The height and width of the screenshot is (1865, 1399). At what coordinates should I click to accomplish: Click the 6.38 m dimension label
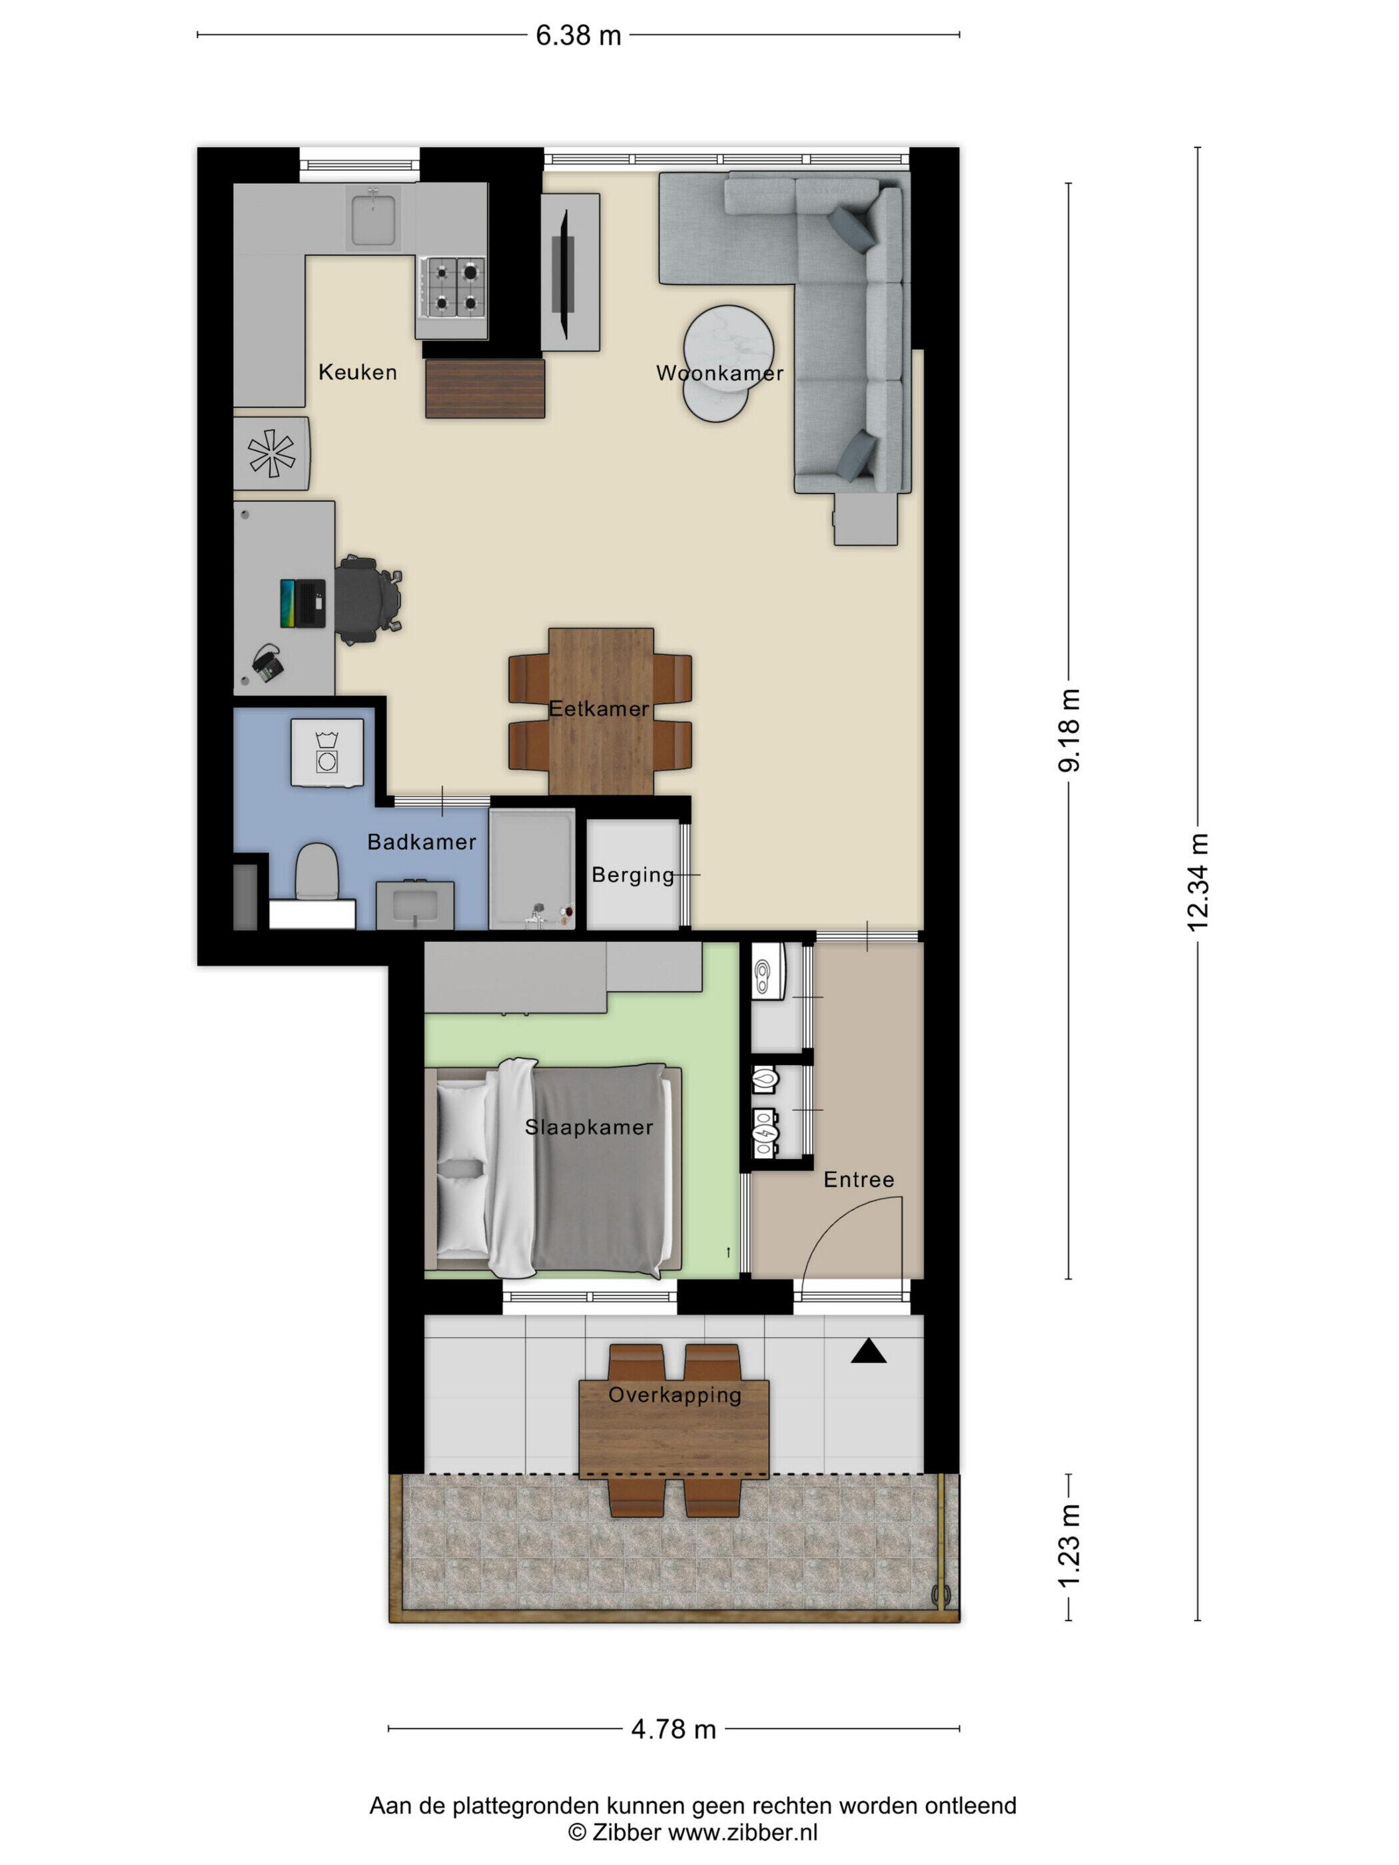(x=578, y=35)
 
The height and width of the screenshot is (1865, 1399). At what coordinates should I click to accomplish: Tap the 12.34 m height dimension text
(x=1197, y=882)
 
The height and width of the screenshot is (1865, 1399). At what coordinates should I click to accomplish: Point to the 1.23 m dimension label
(x=1069, y=1547)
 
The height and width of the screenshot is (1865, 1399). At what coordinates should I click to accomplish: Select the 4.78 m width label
(x=673, y=1730)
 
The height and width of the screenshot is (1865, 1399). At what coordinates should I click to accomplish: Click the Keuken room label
(x=358, y=372)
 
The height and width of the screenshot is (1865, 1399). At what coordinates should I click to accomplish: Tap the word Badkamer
(x=422, y=841)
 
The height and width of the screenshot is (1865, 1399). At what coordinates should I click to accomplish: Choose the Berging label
(x=632, y=876)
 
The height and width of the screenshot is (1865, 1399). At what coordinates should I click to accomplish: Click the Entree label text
(x=859, y=1180)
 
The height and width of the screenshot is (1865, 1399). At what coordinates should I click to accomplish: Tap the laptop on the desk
(x=302, y=603)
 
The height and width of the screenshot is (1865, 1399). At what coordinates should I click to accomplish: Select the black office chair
(x=368, y=599)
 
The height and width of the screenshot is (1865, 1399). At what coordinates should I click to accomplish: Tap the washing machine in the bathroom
(x=327, y=753)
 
